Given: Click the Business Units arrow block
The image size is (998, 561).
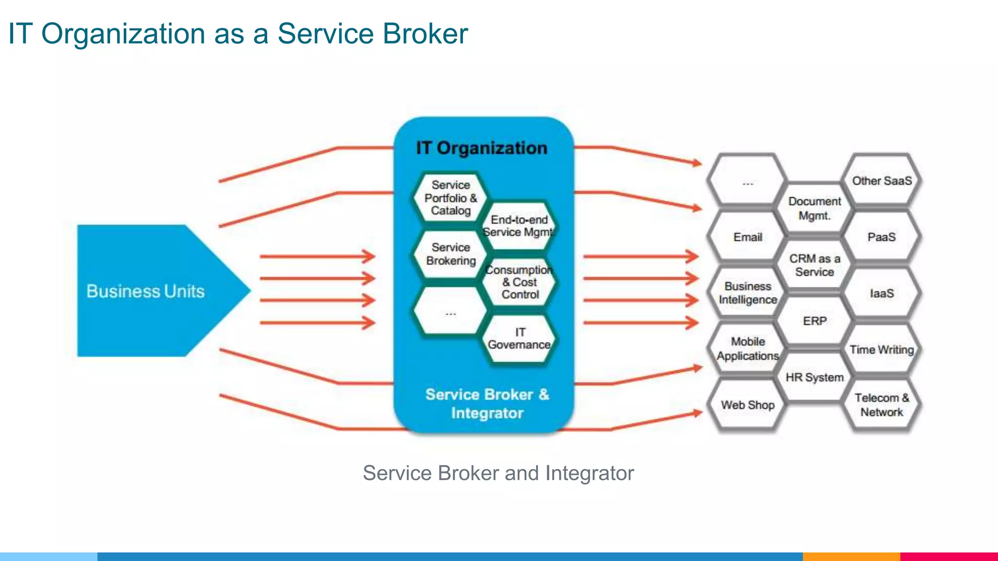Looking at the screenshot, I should pos(146,291).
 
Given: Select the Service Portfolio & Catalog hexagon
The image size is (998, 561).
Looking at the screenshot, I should pos(450,198).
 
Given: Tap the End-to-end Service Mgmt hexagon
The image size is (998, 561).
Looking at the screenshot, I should pos(519,226).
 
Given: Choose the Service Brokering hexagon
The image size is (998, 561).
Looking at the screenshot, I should pos(450,254).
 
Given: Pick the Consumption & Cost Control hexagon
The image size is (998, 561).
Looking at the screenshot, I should pos(519,282).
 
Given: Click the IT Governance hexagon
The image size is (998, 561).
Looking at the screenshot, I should pos(519,338).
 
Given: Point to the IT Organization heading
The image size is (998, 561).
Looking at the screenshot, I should pos(481,148).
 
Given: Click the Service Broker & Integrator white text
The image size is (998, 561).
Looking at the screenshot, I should pos(487,403).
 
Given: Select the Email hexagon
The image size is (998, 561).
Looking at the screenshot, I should pos(748,237).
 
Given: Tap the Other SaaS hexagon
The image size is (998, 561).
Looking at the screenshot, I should pos(882,181).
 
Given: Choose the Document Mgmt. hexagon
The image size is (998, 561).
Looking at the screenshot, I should pos(814,208).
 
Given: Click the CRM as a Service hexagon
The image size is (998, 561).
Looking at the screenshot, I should pos(814,265).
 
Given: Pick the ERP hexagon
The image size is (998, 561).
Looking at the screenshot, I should pos(814,321).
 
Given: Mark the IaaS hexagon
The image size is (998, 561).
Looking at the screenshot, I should pos(882,293).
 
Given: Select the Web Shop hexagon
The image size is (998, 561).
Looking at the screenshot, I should pos(748,405).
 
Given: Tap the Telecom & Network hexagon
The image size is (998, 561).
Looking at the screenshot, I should pos(882,405).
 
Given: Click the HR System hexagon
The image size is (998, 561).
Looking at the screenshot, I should pos(814,377).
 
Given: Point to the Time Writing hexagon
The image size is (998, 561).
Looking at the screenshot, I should pos(882,350).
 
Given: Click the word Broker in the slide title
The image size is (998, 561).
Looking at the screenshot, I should pos(425,34).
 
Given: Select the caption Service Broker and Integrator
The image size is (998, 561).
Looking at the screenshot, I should pos(498,473).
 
